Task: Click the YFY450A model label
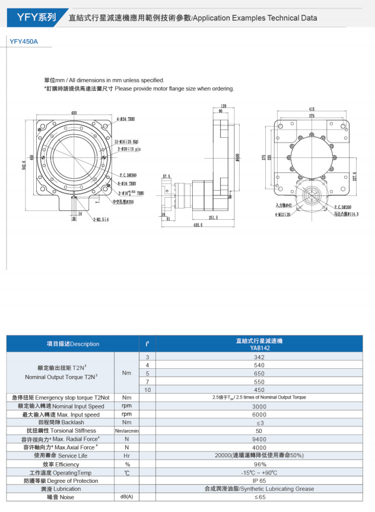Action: pos(24,42)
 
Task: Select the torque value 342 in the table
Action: pos(259,357)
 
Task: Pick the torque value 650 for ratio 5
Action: pos(259,374)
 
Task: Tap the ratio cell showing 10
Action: pos(147,390)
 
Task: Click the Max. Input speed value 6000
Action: pos(259,415)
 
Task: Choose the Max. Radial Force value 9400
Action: pos(259,440)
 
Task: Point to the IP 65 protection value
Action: pos(259,481)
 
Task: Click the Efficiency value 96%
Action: pos(259,464)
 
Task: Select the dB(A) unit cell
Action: pos(126,497)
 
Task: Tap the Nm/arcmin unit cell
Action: pos(126,431)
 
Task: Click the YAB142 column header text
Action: pos(259,348)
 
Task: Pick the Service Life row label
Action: pos(60,456)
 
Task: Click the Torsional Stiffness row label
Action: pos(60,431)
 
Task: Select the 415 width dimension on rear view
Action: pos(312,109)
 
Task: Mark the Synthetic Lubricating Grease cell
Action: pos(259,489)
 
